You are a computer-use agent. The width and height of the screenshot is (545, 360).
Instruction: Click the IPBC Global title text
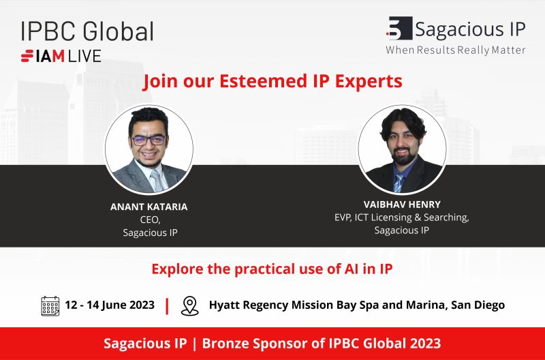pyautogui.click(x=87, y=31)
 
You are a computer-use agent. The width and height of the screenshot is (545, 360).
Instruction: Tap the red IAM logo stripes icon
pyautogui.click(x=27, y=56)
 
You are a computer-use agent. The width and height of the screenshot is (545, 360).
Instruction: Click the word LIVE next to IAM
pyautogui.click(x=84, y=56)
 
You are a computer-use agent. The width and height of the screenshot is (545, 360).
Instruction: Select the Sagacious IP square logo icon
pyautogui.click(x=399, y=28)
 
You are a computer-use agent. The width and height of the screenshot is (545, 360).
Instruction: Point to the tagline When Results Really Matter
pyautogui.click(x=455, y=50)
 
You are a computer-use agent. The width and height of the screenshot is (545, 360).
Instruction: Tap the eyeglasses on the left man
pyautogui.click(x=148, y=140)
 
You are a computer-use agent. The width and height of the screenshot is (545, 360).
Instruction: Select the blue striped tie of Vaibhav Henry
pyautogui.click(x=399, y=183)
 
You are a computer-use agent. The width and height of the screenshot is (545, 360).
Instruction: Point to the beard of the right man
pyautogui.click(x=404, y=157)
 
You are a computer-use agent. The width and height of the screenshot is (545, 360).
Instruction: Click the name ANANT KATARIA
pyautogui.click(x=149, y=207)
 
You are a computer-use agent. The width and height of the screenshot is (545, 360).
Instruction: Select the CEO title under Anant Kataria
pyautogui.click(x=150, y=220)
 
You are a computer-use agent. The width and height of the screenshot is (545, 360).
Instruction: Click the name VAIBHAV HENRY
pyautogui.click(x=402, y=204)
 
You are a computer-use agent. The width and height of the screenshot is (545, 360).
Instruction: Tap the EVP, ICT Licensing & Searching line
pyautogui.click(x=402, y=217)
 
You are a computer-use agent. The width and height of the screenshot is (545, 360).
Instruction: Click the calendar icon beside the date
pyautogui.click(x=50, y=305)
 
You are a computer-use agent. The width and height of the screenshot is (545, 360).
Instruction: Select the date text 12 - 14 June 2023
pyautogui.click(x=110, y=305)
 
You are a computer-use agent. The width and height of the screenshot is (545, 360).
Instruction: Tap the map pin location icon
pyautogui.click(x=190, y=305)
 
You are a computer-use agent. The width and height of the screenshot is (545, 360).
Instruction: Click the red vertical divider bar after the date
pyautogui.click(x=167, y=305)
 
